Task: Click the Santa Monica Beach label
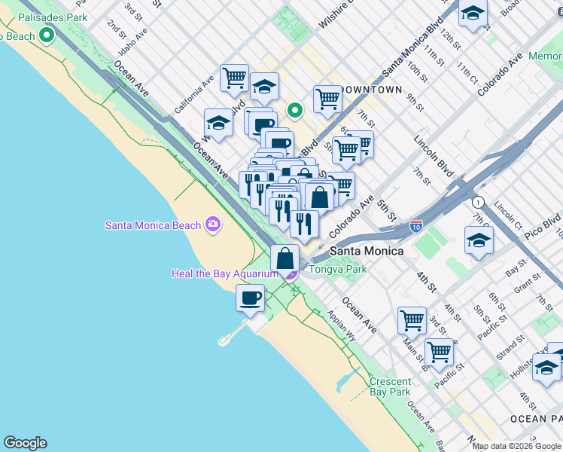(154, 224)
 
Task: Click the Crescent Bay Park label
(390, 386)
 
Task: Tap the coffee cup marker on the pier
(251, 297)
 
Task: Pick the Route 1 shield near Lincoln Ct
(477, 202)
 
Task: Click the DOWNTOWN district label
(370, 90)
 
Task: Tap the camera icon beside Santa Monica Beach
(213, 224)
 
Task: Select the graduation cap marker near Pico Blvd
(479, 241)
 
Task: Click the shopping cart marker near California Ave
(235, 76)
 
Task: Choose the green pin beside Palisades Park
(47, 34)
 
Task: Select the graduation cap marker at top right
(473, 13)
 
